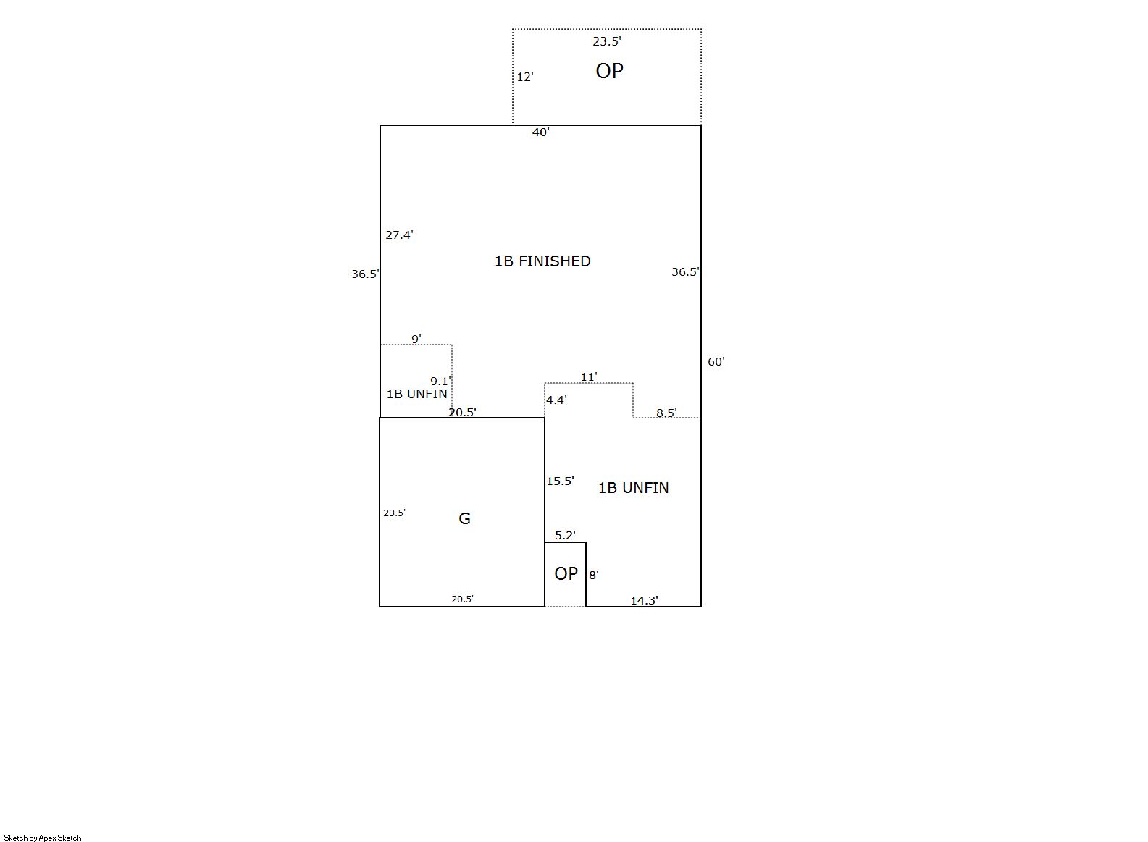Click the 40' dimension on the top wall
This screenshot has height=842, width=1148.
click(x=541, y=132)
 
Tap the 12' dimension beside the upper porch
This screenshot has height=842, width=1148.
click(x=525, y=77)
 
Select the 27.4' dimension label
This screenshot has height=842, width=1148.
click(x=399, y=235)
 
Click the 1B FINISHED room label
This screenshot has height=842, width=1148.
click(x=542, y=261)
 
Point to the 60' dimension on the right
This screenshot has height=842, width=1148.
click(x=716, y=361)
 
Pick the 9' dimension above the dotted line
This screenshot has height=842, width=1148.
click(x=416, y=339)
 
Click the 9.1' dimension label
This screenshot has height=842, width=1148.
click(x=440, y=381)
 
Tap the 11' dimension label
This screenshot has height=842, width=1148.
click(x=588, y=377)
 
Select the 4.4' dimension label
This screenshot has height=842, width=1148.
click(x=556, y=400)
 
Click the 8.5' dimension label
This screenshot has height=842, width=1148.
click(x=666, y=412)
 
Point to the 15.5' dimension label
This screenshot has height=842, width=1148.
click(x=560, y=481)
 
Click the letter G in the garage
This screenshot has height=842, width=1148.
click(x=464, y=518)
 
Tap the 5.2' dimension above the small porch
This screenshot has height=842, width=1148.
click(x=565, y=535)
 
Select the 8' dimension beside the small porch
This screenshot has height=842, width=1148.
click(x=593, y=575)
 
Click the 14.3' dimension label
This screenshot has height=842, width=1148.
click(x=644, y=600)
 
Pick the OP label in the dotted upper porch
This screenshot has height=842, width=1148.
click(x=609, y=71)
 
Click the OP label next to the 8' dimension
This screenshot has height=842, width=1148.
click(x=566, y=573)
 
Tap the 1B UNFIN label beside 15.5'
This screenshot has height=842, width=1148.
click(x=634, y=487)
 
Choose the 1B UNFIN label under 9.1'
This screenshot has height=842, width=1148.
click(x=416, y=393)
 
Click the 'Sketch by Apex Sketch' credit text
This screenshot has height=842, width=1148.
click(x=43, y=838)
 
